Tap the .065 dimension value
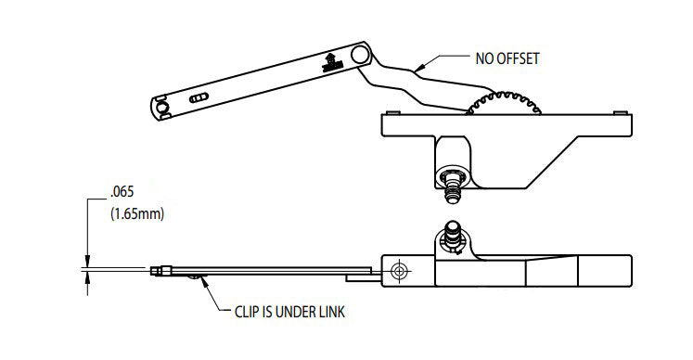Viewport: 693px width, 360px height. (122, 193)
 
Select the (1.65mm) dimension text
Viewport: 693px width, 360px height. (136, 214)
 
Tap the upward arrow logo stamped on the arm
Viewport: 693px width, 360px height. (328, 63)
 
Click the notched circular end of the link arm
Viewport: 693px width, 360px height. (161, 108)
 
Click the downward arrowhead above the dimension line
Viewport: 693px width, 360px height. (87, 264)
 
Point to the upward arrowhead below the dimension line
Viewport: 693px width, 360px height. (87, 277)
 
